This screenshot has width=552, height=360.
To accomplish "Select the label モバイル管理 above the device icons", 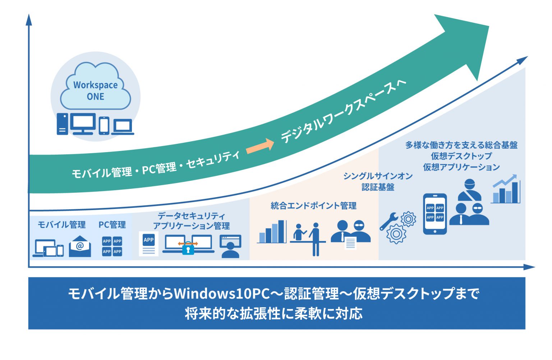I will [62, 225].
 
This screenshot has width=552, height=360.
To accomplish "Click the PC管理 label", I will [112, 225].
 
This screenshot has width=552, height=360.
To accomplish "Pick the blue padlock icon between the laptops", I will [188, 249].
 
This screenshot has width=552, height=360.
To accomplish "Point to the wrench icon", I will [388, 221].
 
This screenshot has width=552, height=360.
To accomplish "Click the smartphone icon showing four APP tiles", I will [435, 214].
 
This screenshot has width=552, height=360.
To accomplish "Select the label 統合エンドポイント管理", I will [313, 206].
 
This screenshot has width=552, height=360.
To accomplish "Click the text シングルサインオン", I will [378, 176].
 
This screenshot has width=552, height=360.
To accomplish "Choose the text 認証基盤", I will [378, 187].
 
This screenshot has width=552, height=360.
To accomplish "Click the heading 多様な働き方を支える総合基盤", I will [461, 145].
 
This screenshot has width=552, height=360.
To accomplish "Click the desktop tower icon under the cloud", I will [62, 124].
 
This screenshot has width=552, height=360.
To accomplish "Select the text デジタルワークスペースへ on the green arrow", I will [343, 111].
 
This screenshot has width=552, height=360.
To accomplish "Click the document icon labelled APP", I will [148, 243].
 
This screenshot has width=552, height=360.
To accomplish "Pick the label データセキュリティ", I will [191, 216].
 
